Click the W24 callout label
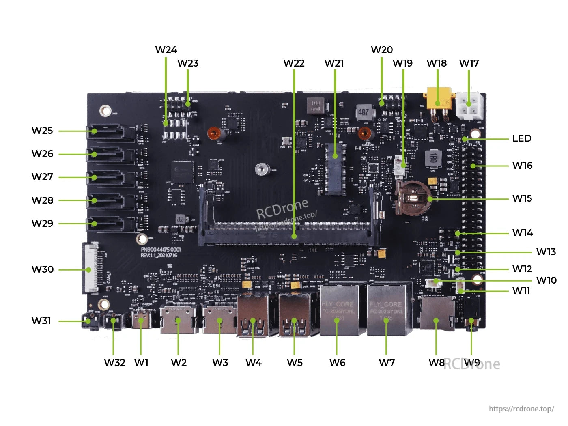pos(166,50)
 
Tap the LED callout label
pos(522,138)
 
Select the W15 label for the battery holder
pos(522,198)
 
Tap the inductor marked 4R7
pos(364,112)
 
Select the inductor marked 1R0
pos(433,158)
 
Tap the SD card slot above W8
pos(437,314)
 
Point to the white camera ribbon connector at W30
pos(90,268)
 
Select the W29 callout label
pos(42,224)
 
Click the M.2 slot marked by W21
pos(335,168)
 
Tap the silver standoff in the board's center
pos(262,169)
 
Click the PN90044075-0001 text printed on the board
pos(161,250)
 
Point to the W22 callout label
pos(294,63)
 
